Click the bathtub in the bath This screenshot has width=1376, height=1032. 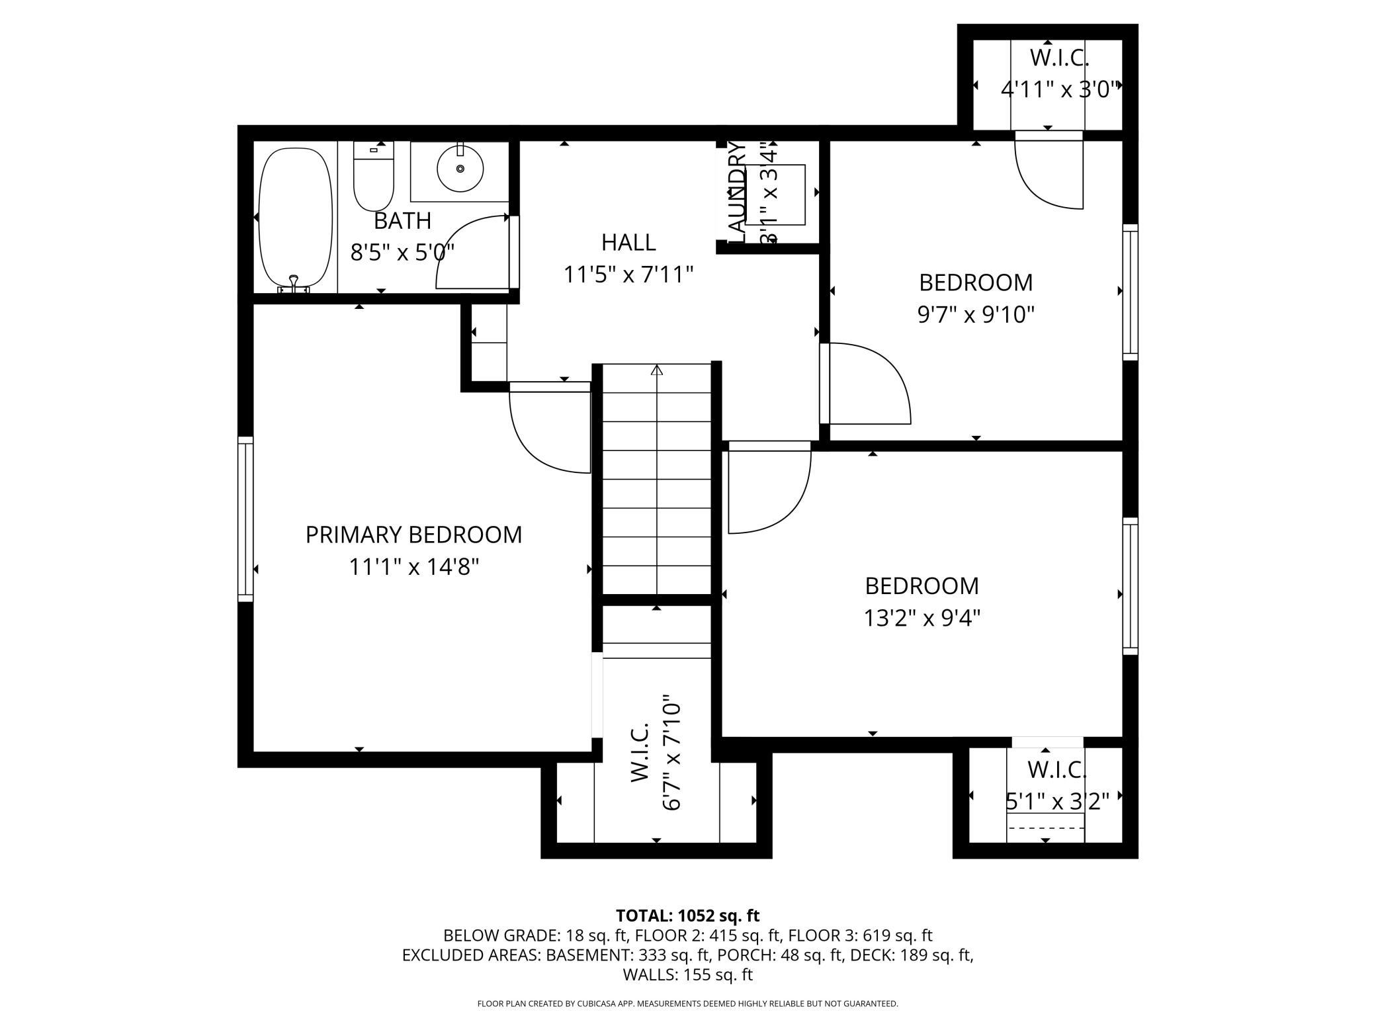pyautogui.click(x=295, y=218)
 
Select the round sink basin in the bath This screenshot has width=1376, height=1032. pyautogui.click(x=460, y=169)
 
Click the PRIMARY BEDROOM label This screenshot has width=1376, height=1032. pyautogui.click(x=413, y=535)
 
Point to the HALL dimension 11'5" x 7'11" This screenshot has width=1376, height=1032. pyautogui.click(x=628, y=274)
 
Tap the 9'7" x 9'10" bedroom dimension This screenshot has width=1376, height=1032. pyautogui.click(x=975, y=315)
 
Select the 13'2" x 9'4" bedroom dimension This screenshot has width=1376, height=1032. pyautogui.click(x=922, y=619)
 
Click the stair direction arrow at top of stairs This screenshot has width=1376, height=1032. pyautogui.click(x=656, y=370)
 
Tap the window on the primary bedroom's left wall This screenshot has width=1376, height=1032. pyautogui.click(x=245, y=519)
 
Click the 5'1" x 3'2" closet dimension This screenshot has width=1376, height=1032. pyautogui.click(x=1056, y=802)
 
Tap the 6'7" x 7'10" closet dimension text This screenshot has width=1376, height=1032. pyautogui.click(x=672, y=752)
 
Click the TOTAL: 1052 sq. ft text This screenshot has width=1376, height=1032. pyautogui.click(x=687, y=916)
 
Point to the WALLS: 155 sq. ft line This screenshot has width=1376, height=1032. pyautogui.click(x=687, y=974)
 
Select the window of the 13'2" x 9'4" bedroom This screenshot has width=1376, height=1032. pyautogui.click(x=1130, y=586)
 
